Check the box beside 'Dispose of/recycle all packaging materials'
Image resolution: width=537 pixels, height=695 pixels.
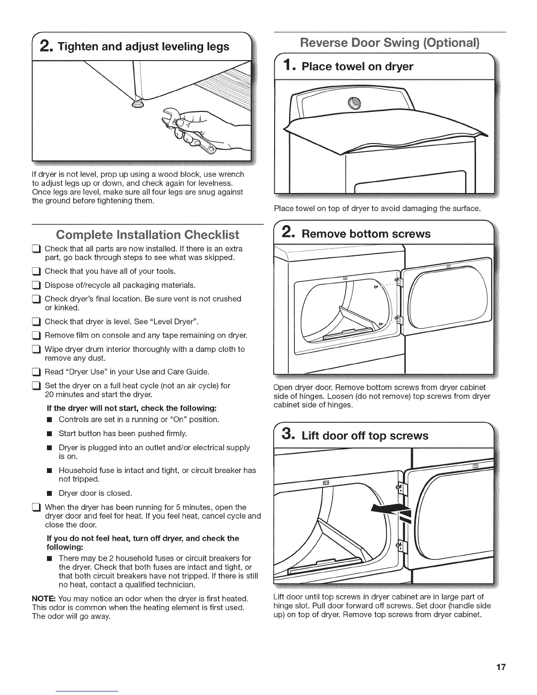pyautogui.click(x=37, y=286)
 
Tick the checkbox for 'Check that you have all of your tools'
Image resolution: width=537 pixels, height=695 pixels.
pyautogui.click(x=37, y=272)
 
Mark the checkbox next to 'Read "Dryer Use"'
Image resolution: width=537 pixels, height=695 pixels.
pyautogui.click(x=37, y=373)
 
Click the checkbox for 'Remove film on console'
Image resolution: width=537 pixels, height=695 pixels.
pyautogui.click(x=37, y=336)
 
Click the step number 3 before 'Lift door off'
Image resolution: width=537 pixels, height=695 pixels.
pyautogui.click(x=286, y=435)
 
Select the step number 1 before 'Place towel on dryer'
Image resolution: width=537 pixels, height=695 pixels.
pyautogui.click(x=286, y=66)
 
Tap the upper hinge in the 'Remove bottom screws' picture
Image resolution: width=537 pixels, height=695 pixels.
pyautogui.click(x=398, y=283)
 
